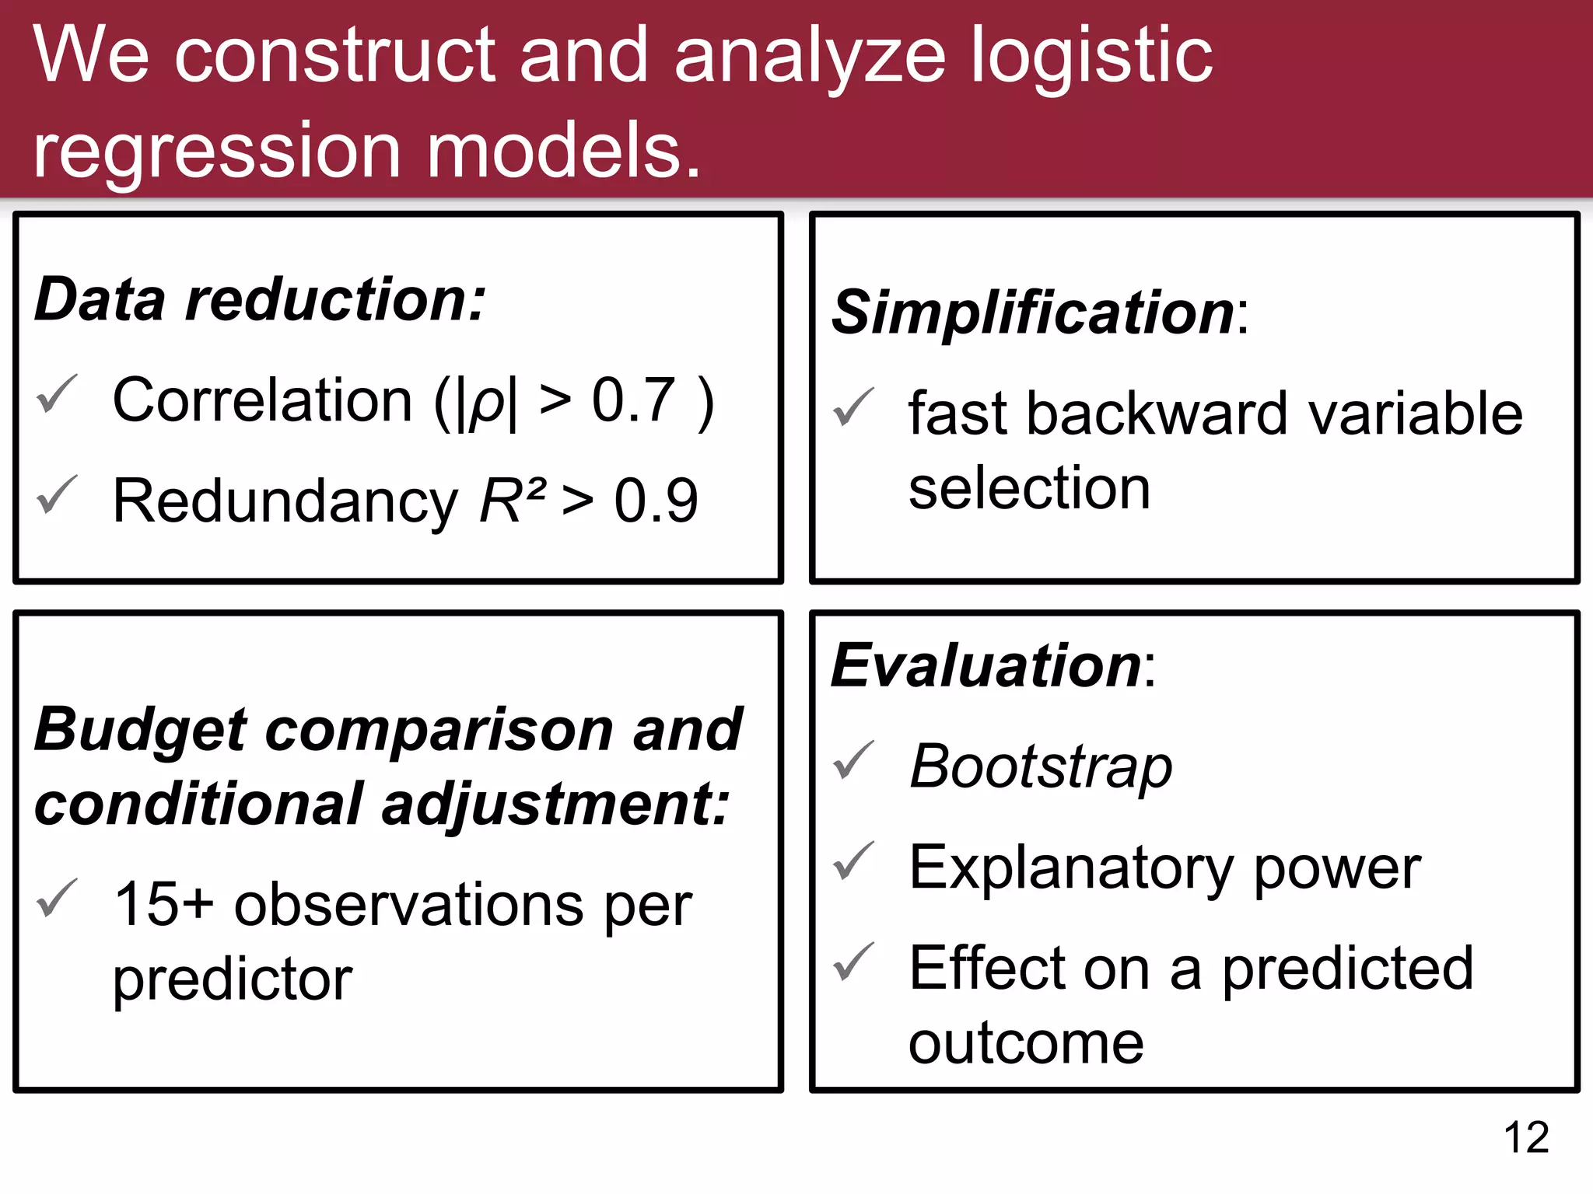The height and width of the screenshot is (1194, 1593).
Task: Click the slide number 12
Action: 1526,1137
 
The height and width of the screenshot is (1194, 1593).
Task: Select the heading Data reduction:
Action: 261,299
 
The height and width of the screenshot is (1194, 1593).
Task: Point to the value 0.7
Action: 633,400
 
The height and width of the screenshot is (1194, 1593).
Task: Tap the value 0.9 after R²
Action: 656,501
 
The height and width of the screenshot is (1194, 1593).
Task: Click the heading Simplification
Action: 1033,312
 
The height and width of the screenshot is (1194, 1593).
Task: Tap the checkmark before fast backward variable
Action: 853,407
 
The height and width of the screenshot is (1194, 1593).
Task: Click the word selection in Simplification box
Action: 1029,488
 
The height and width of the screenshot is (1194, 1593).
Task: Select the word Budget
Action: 140,731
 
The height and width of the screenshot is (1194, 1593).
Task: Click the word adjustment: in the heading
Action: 555,804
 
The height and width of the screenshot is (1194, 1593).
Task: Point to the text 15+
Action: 163,904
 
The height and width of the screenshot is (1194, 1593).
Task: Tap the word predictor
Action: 232,979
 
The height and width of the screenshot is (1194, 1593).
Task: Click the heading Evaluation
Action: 986,666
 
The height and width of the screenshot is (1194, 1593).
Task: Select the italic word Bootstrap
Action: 1041,766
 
